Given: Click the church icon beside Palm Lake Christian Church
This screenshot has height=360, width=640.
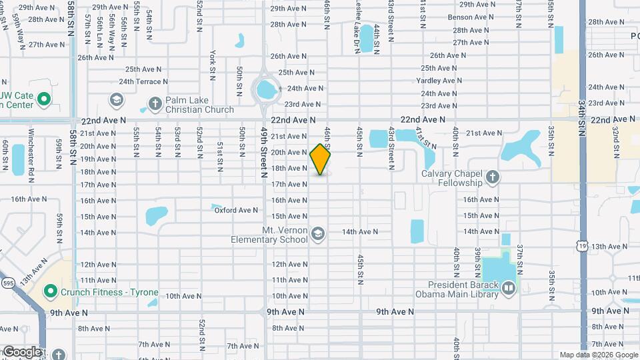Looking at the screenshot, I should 155,103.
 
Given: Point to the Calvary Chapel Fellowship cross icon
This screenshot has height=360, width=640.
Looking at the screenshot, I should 493,177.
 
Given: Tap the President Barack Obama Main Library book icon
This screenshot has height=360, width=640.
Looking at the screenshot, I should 509,288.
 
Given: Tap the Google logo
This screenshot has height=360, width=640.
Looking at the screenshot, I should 22,351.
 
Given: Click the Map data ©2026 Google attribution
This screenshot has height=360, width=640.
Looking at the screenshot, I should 597,355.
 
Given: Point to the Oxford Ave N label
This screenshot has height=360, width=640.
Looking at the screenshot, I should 236,211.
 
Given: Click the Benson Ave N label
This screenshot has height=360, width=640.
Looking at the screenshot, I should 469,17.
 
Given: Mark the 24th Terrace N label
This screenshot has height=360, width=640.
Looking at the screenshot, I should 143,81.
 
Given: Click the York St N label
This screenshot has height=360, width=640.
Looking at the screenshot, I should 213,61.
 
